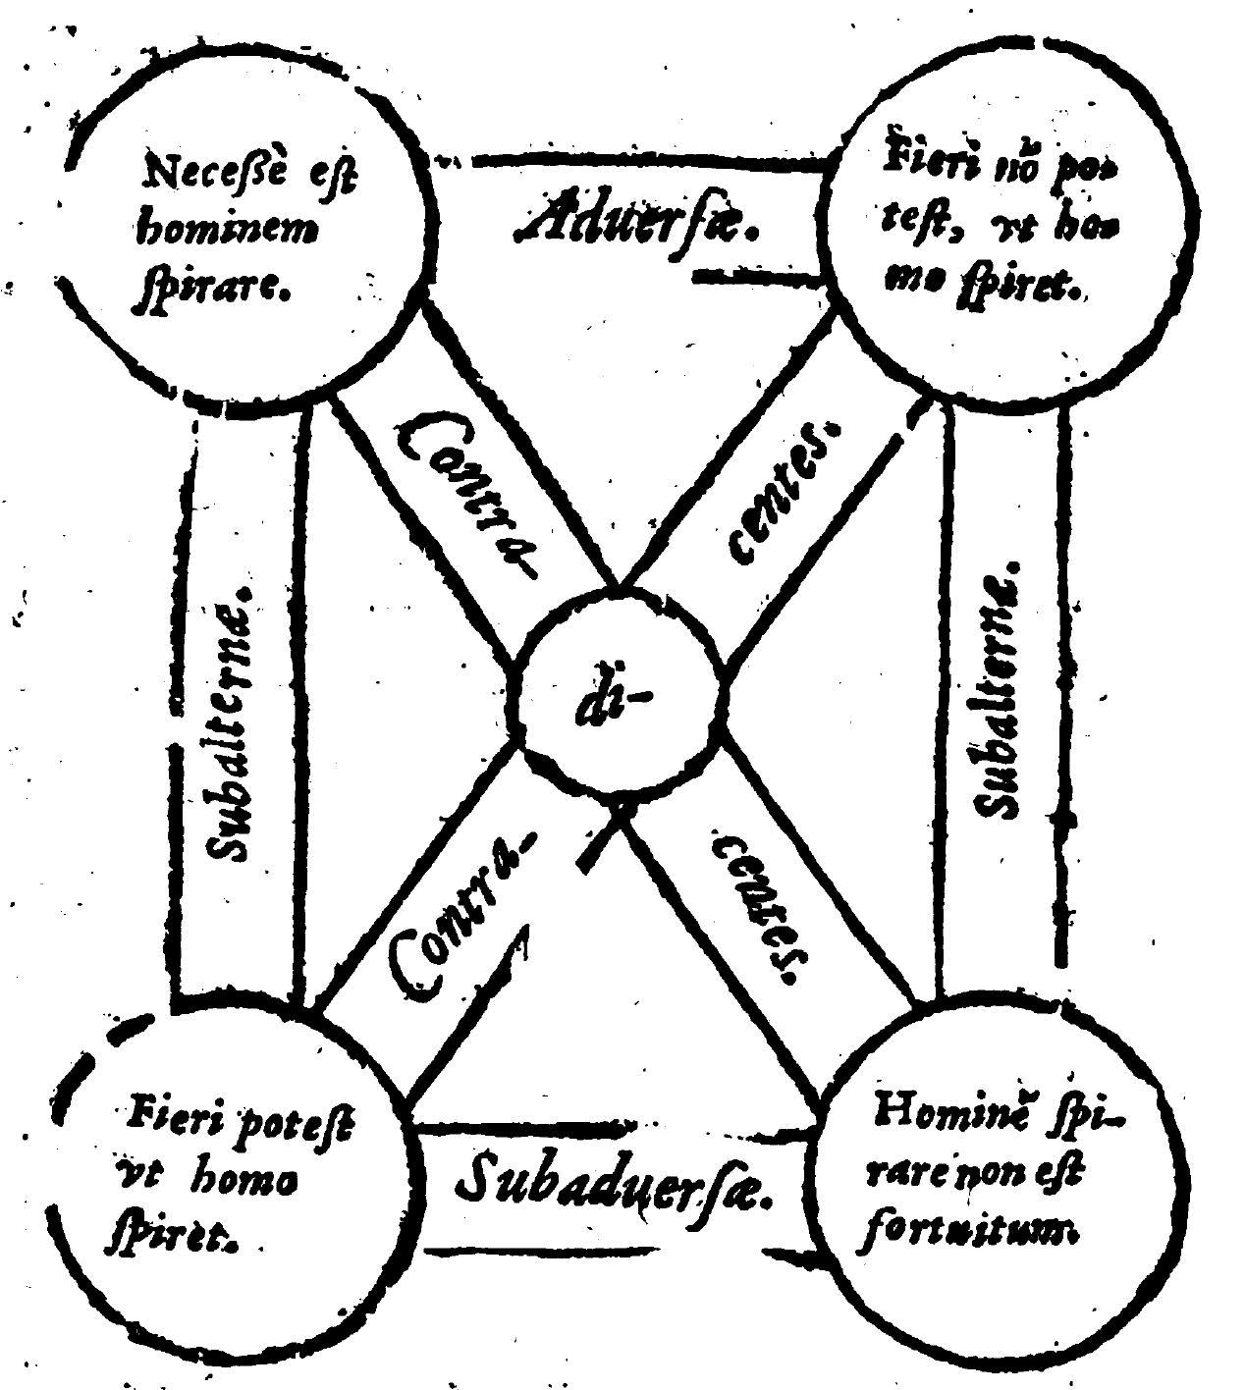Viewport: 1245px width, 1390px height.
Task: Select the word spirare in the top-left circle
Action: (x=210, y=289)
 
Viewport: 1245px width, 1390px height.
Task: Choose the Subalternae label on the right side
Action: (x=1001, y=692)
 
